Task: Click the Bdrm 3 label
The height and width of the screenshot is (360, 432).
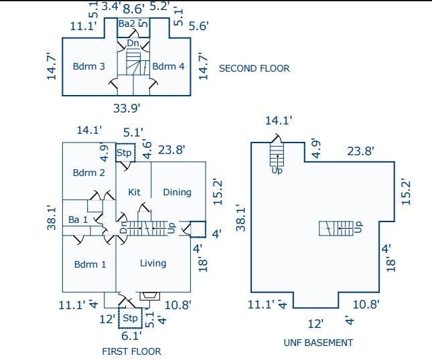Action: [x=89, y=66]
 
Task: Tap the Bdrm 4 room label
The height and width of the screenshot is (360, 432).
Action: [x=168, y=66]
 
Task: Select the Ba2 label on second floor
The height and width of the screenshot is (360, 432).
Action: [x=127, y=24]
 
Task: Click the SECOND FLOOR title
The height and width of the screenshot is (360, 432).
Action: [x=255, y=68]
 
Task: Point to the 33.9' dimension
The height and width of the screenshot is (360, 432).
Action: [x=127, y=107]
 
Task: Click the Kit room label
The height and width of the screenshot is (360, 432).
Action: [x=134, y=192]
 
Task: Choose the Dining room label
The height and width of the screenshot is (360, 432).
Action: [x=177, y=192]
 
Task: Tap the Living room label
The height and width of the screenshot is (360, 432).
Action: [x=153, y=263]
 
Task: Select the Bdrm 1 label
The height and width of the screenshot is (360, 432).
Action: [x=90, y=264]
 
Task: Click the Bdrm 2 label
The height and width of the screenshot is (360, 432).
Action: [x=89, y=173]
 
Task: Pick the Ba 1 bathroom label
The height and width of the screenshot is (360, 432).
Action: [x=78, y=219]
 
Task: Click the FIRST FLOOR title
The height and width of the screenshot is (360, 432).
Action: [x=131, y=351]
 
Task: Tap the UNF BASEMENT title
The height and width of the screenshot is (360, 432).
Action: [x=317, y=343]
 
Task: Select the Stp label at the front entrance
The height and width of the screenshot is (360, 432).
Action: [x=131, y=317]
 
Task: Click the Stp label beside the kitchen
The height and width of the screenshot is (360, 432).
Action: [x=125, y=153]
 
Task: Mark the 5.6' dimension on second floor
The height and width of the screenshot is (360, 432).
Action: [x=200, y=26]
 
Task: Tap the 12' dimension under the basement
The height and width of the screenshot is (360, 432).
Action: [x=315, y=323]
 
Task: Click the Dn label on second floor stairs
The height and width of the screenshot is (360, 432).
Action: [x=133, y=43]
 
